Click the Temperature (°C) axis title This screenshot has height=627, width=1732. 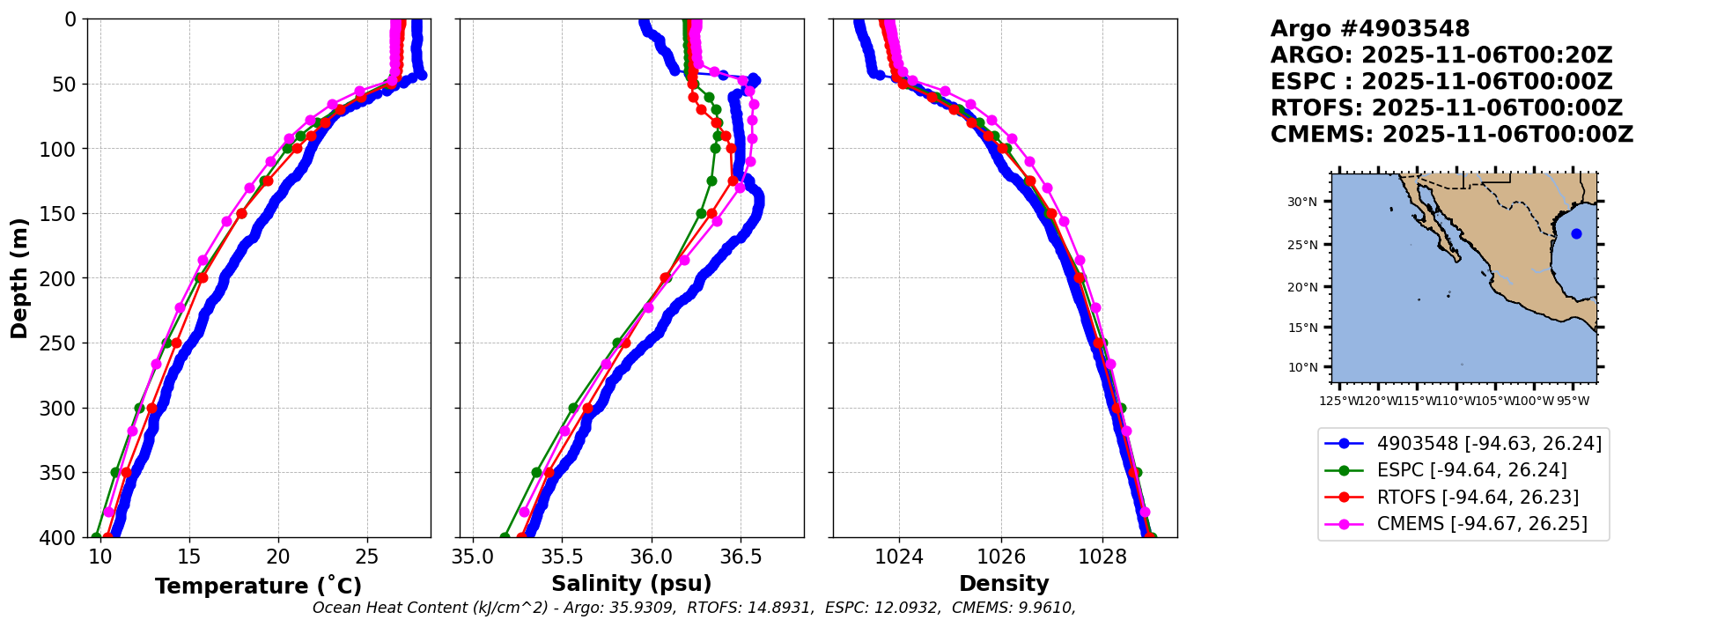(x=258, y=586)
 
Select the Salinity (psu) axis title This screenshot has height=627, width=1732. (x=631, y=584)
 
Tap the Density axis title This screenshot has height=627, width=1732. (x=1004, y=584)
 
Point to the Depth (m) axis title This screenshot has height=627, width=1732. (x=19, y=278)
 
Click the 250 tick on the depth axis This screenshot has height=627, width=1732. (x=62, y=343)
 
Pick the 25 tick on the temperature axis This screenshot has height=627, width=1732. (x=367, y=557)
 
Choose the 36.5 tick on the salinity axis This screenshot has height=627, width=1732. (x=740, y=557)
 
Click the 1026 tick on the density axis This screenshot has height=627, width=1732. (x=1001, y=557)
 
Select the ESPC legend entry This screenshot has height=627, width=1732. (x=1471, y=470)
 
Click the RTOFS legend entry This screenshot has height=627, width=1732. (x=1478, y=498)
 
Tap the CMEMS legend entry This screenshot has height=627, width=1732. (x=1482, y=524)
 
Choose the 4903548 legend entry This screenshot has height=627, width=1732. (x=1489, y=444)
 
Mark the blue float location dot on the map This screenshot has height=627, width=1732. (x=1576, y=234)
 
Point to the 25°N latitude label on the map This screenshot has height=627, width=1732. (x=1302, y=245)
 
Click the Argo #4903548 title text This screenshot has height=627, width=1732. (x=1369, y=29)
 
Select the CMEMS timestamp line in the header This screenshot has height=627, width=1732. (x=1451, y=135)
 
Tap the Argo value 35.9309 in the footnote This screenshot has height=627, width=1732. (x=646, y=608)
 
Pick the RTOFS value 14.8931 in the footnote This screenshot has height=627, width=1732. (x=781, y=608)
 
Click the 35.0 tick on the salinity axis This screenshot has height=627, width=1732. (x=473, y=557)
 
